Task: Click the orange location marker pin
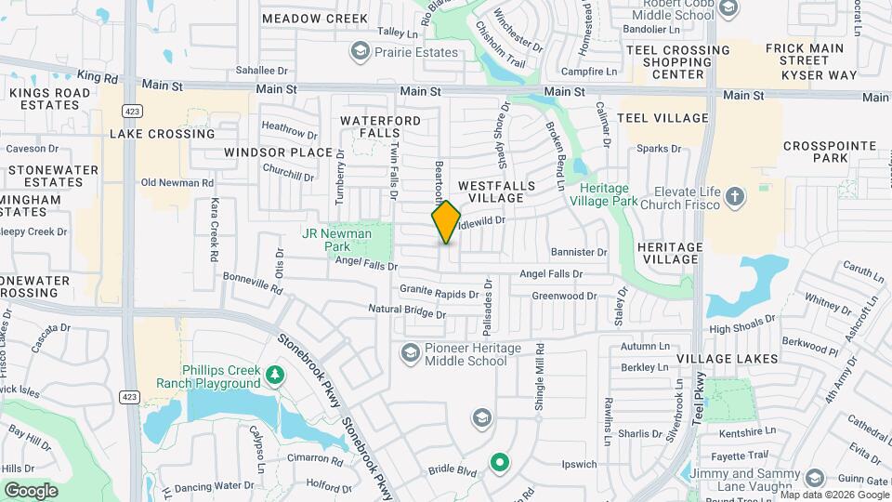pyautogui.click(x=446, y=222)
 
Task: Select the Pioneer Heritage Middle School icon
pyautogui.click(x=410, y=353)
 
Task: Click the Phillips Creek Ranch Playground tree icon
pyautogui.click(x=274, y=375)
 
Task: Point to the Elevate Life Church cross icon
pyautogui.click(x=735, y=196)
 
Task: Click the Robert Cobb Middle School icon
pyautogui.click(x=728, y=9)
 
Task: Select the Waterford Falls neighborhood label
pyautogui.click(x=380, y=128)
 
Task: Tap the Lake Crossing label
pyautogui.click(x=162, y=134)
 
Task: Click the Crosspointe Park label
pyautogui.click(x=817, y=152)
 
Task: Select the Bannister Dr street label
pyautogui.click(x=578, y=252)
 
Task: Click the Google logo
pyautogui.click(x=31, y=490)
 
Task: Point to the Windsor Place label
pyautogui.click(x=278, y=152)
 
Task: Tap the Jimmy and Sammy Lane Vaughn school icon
pyautogui.click(x=814, y=478)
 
